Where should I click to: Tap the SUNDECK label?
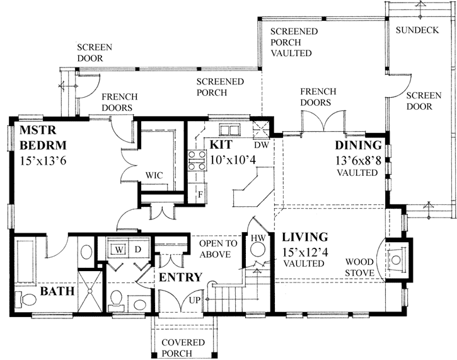(x=414, y=30)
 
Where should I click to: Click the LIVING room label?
(x=304, y=238)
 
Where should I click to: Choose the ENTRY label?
(x=180, y=277)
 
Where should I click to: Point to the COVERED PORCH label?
(x=185, y=347)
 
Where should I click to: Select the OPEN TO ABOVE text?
(x=217, y=249)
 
